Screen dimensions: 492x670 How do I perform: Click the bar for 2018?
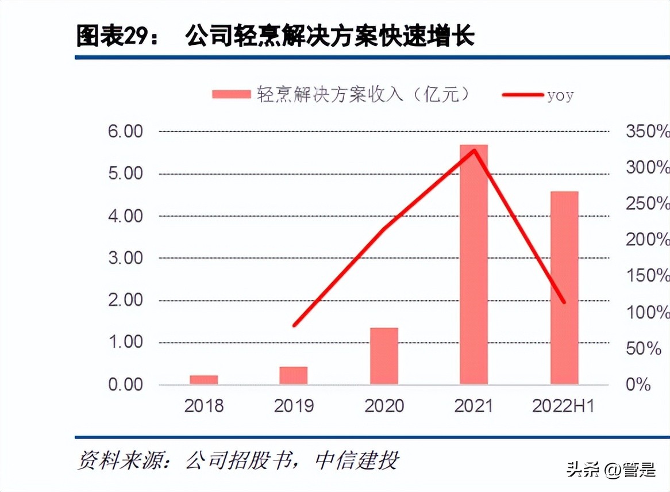(x=204, y=379)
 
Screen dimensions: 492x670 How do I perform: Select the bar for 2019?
(x=294, y=375)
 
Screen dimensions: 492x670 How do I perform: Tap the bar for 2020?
(x=384, y=356)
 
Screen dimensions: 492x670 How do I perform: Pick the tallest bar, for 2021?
(x=473, y=264)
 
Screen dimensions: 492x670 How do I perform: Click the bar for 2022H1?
(x=564, y=287)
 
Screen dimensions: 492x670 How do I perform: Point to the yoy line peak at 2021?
(x=474, y=151)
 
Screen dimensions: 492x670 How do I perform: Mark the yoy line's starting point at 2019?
(x=294, y=325)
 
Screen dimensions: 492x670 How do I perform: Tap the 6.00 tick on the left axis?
(x=125, y=132)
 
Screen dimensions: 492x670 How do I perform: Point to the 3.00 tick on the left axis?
(x=125, y=258)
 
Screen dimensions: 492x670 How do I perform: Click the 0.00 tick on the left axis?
(x=125, y=385)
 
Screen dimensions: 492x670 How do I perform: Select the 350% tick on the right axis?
(x=648, y=132)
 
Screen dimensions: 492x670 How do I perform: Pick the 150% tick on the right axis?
(x=648, y=276)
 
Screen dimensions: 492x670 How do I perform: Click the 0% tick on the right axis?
(x=638, y=385)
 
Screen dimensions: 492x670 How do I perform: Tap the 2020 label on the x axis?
(x=384, y=406)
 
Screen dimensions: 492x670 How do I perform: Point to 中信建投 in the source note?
(x=356, y=460)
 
